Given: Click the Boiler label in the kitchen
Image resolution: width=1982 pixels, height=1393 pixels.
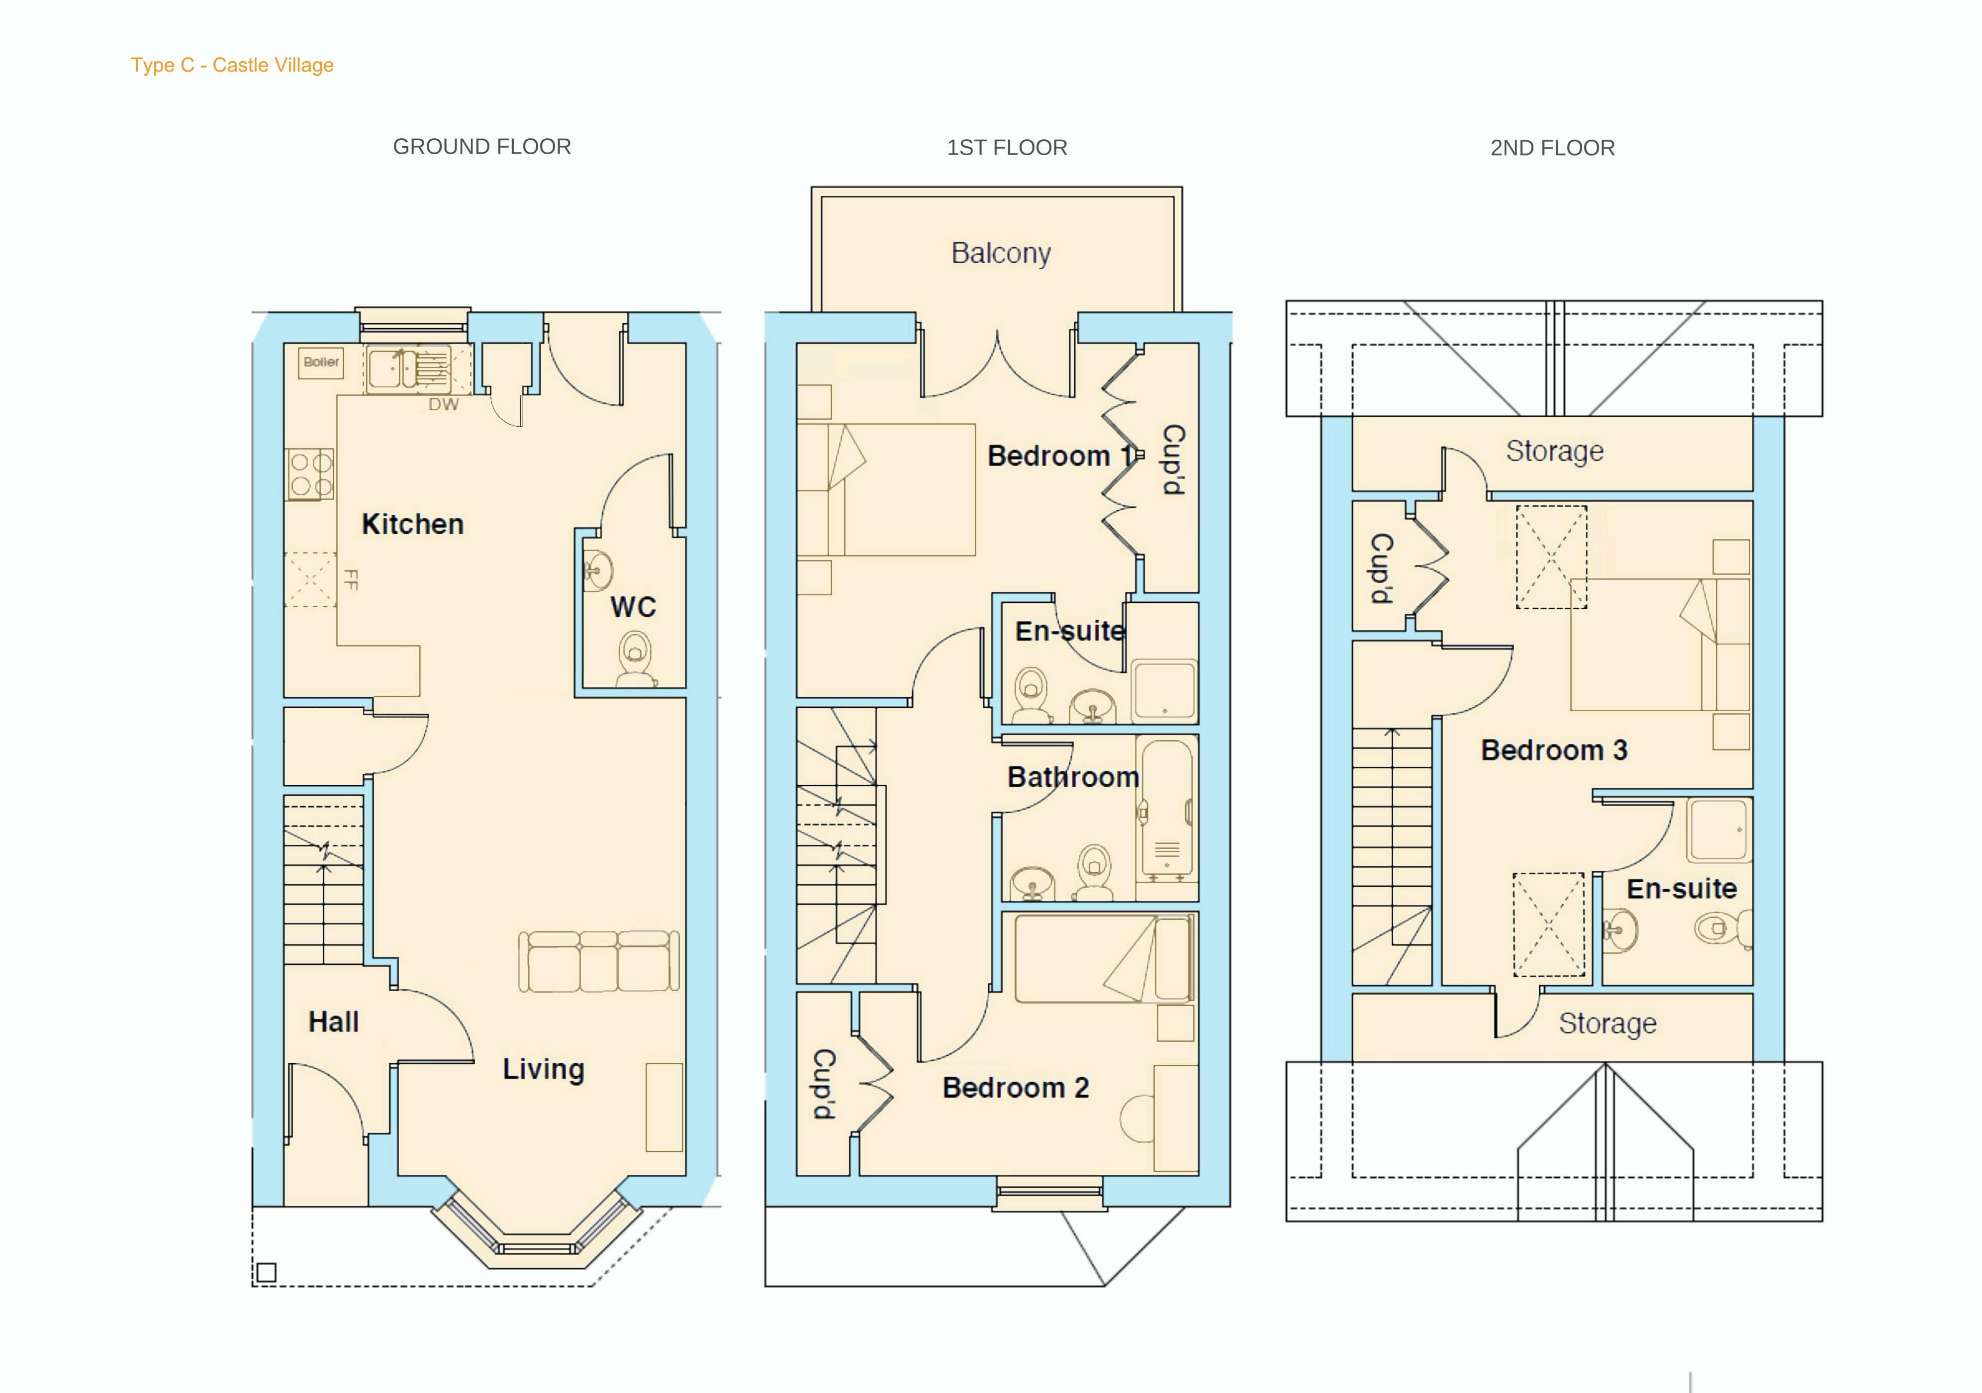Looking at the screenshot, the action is pos(321,362).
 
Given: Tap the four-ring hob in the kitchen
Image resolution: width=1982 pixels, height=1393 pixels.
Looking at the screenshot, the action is pos(310,474).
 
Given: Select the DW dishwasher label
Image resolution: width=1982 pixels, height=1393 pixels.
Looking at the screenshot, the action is pos(444,404).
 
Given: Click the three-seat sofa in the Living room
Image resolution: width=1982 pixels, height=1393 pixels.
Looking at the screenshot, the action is pos(598,961).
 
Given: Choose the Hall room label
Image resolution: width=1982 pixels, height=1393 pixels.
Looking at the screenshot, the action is pos(333,1022).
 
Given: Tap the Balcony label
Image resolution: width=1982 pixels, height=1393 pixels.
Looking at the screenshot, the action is pos(1001,253).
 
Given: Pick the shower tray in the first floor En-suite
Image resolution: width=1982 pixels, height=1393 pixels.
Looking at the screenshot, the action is pos(1164,690).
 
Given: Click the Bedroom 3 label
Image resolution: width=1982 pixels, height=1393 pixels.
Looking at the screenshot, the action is pos(1554,750).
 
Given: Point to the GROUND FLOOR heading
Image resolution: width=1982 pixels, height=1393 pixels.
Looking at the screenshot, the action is pos(481,147).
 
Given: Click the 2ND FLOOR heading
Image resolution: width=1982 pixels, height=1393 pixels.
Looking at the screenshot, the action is pos(1552,148).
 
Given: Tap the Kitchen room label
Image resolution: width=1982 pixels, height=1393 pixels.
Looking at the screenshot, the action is pos(413,524).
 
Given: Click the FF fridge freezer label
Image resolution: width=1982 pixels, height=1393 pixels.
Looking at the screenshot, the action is pos(351,579).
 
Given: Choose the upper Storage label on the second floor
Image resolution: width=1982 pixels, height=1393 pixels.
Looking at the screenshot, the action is pos(1555,451).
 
